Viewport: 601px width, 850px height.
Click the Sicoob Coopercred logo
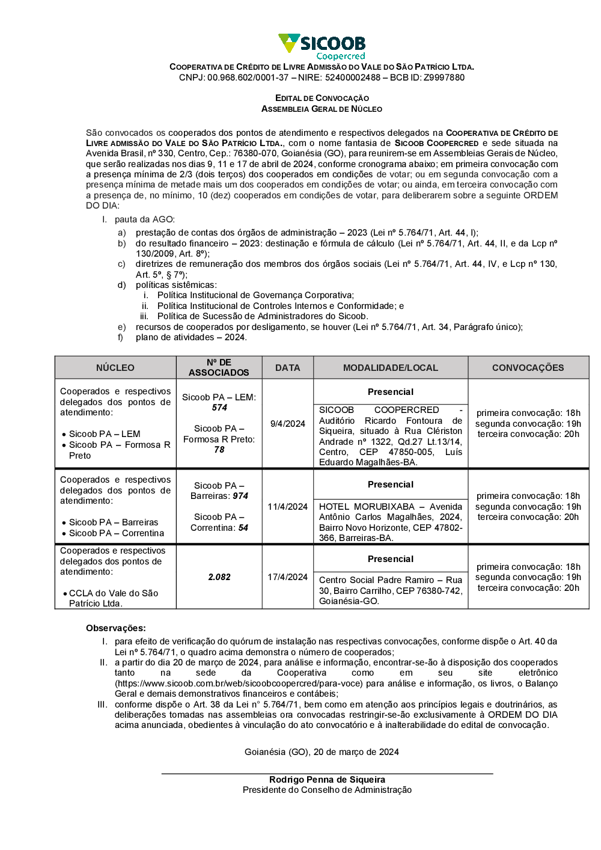[x=322, y=46]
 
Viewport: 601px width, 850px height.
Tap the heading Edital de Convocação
[x=322, y=98]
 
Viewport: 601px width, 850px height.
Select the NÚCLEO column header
[x=115, y=368]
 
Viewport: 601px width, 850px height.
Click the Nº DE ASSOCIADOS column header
[x=219, y=367]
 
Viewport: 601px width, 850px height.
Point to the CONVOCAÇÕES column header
[x=528, y=368]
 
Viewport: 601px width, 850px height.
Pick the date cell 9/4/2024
[x=288, y=424]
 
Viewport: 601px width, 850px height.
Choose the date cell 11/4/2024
[x=288, y=507]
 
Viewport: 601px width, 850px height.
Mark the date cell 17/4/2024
[x=288, y=577]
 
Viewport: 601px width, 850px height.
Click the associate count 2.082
[x=219, y=577]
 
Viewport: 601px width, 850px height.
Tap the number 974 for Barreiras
[x=240, y=496]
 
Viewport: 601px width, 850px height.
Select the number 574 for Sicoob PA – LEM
[x=219, y=408]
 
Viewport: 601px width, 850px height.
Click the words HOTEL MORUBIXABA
[x=367, y=507]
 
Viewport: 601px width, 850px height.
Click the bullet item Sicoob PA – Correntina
[x=116, y=533]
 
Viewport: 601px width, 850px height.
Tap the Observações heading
[x=116, y=628]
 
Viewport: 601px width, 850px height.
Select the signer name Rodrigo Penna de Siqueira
[x=327, y=780]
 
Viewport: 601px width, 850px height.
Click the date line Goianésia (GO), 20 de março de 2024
[x=322, y=752]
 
